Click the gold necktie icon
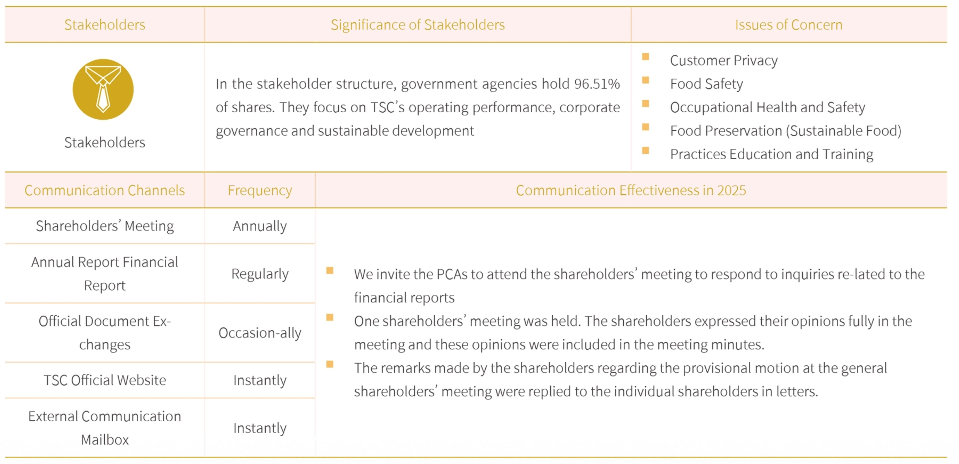(x=103, y=89)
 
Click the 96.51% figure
(x=597, y=84)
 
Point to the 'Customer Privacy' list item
(x=724, y=60)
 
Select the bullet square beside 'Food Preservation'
(x=646, y=127)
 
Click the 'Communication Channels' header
(x=105, y=190)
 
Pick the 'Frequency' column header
(x=260, y=190)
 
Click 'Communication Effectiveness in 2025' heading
(x=631, y=190)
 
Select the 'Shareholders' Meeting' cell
(x=105, y=226)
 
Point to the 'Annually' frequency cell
(x=260, y=226)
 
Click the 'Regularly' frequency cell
(x=260, y=274)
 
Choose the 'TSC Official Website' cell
(x=105, y=380)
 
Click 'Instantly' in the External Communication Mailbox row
(x=260, y=428)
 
